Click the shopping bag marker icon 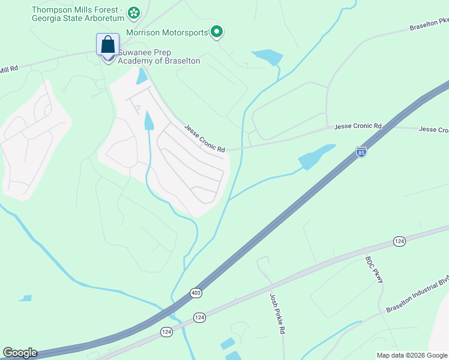pyautogui.click(x=107, y=45)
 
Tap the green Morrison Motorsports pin pyautogui.click(x=217, y=32)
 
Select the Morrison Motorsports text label pyautogui.click(x=167, y=32)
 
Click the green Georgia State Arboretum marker pyautogui.click(x=134, y=12)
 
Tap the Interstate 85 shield pyautogui.click(x=361, y=152)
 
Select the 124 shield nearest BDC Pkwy pyautogui.click(x=399, y=241)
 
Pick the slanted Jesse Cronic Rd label pyautogui.click(x=204, y=139)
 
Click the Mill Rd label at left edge pyautogui.click(x=9, y=70)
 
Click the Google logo pyautogui.click(x=19, y=352)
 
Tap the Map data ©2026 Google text pyautogui.click(x=412, y=355)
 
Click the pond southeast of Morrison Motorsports pyautogui.click(x=267, y=57)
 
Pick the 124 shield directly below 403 pyautogui.click(x=200, y=317)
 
